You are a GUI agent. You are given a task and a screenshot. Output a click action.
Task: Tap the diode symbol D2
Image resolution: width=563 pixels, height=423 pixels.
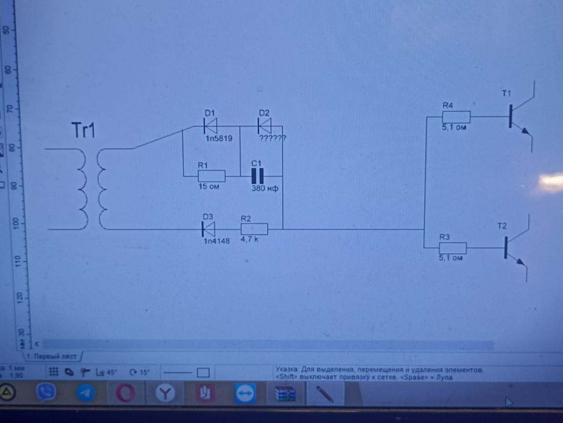coord(264,126)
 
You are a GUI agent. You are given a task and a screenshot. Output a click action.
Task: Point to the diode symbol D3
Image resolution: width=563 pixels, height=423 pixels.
coord(208,229)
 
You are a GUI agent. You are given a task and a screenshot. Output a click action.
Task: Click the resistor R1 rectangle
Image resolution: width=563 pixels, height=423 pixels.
coord(212,176)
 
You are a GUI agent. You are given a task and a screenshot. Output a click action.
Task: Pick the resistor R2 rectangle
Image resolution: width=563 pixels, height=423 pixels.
coord(254,229)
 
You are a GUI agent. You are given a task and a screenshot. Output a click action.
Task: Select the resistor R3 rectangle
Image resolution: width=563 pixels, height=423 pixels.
coord(452,248)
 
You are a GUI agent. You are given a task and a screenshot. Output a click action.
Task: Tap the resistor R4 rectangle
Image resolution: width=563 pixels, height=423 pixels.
coord(456,117)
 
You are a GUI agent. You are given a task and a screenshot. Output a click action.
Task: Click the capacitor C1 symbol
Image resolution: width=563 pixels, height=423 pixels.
coord(257,176)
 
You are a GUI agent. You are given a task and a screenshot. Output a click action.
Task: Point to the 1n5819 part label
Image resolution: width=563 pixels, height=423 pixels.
coord(218,139)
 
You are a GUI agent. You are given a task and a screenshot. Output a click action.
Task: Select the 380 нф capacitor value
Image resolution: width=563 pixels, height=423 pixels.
coord(265,189)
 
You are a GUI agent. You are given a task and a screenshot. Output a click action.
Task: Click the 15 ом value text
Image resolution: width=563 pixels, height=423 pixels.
coord(209,187)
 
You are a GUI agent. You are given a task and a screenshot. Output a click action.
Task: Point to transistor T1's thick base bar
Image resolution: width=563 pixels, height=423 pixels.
coord(510,116)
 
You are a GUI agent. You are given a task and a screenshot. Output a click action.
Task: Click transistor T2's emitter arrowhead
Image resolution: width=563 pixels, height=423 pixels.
coord(521,261)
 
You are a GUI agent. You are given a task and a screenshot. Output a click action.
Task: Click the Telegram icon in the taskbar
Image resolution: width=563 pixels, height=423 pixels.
coord(85,393)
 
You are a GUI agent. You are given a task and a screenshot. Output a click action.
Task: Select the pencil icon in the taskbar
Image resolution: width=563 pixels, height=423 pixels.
coord(324,393)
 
